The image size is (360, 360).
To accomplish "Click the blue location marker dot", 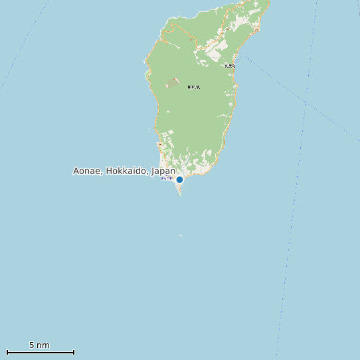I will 179,179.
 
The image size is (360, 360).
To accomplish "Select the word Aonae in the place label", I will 87,171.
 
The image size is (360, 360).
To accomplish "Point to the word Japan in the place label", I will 163,171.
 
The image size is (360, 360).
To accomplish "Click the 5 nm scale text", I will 39,345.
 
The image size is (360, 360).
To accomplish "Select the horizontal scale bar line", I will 40,352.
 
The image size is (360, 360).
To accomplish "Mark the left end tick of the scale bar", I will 7,352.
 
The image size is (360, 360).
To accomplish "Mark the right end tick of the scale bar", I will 74,352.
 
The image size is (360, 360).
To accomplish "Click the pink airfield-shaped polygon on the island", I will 173,83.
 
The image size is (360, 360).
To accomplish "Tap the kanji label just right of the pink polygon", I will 194,88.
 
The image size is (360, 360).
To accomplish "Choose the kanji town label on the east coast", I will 230,66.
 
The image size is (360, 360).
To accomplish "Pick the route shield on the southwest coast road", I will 159,144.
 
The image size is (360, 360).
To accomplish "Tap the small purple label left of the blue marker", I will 166,179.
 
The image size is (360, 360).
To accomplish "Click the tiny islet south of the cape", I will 180,234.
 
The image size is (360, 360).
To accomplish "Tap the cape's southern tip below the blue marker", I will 179,194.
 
